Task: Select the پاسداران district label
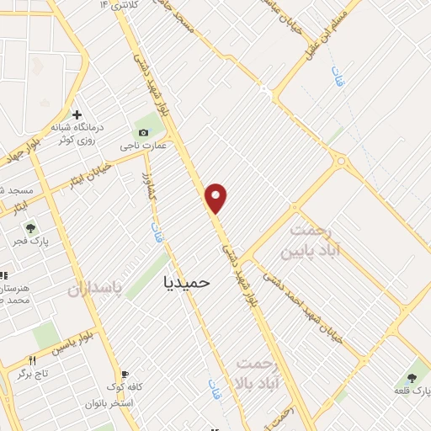[95, 289]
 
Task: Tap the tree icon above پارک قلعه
[412, 378]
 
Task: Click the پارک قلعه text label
[412, 392]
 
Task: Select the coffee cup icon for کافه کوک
[125, 375]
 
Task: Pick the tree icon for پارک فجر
[30, 227]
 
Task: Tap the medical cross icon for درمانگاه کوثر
[77, 114]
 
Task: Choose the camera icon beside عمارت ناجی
[143, 132]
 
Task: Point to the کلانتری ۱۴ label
[115, 7]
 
